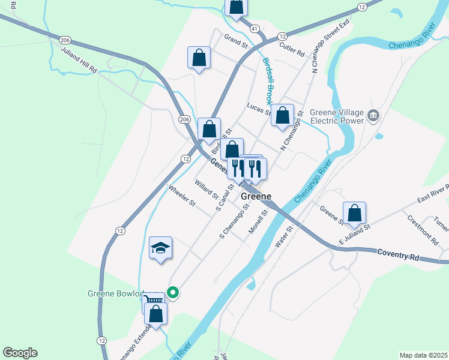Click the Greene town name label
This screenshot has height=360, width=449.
click(256, 196)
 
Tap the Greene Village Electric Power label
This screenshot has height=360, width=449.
click(337, 116)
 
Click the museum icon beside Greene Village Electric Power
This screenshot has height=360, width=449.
click(373, 115)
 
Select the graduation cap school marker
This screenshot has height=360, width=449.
click(160, 248)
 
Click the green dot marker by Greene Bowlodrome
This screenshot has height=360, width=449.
click(173, 293)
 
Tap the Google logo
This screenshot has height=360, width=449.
click(20, 353)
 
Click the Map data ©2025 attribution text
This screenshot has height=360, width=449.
click(423, 355)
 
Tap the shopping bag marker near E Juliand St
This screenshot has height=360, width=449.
click(355, 212)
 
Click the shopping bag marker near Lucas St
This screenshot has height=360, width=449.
click(282, 115)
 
